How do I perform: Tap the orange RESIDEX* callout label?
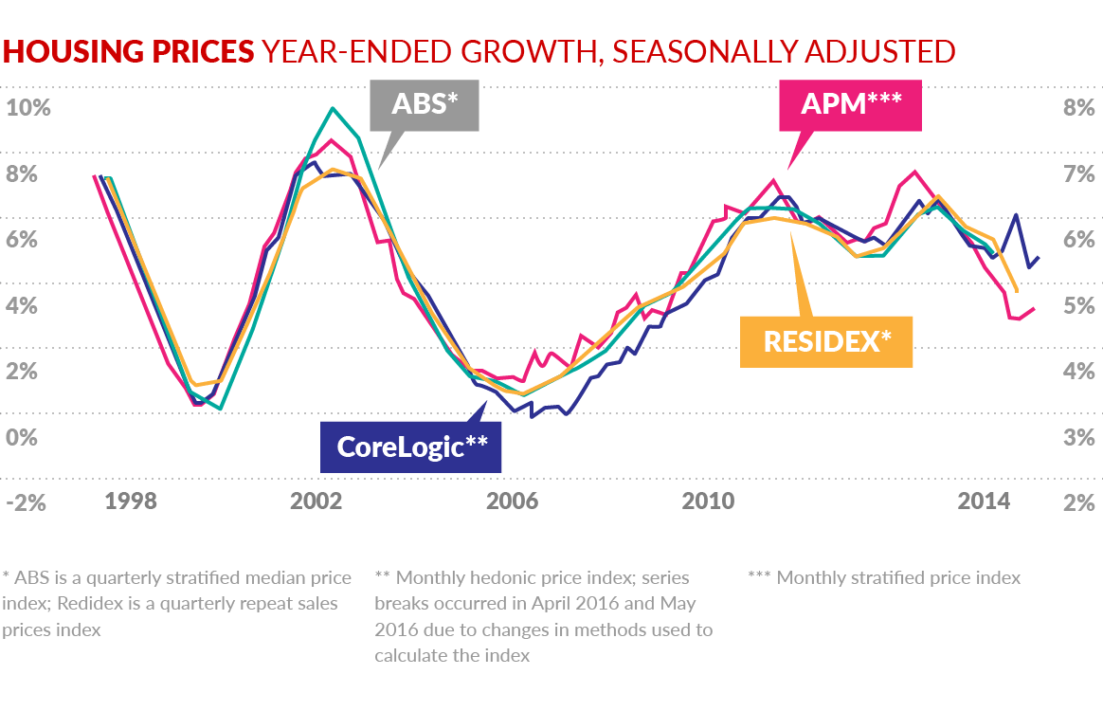(x=827, y=341)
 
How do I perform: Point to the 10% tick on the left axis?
(x=27, y=107)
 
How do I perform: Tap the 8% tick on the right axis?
(x=1079, y=107)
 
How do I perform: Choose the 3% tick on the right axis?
(x=1079, y=437)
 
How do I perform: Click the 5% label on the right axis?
(x=1079, y=305)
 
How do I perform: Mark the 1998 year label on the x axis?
(x=131, y=501)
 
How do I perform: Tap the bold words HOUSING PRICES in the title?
(x=129, y=51)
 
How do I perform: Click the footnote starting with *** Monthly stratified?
(x=884, y=577)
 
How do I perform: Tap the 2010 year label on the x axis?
(x=709, y=501)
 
